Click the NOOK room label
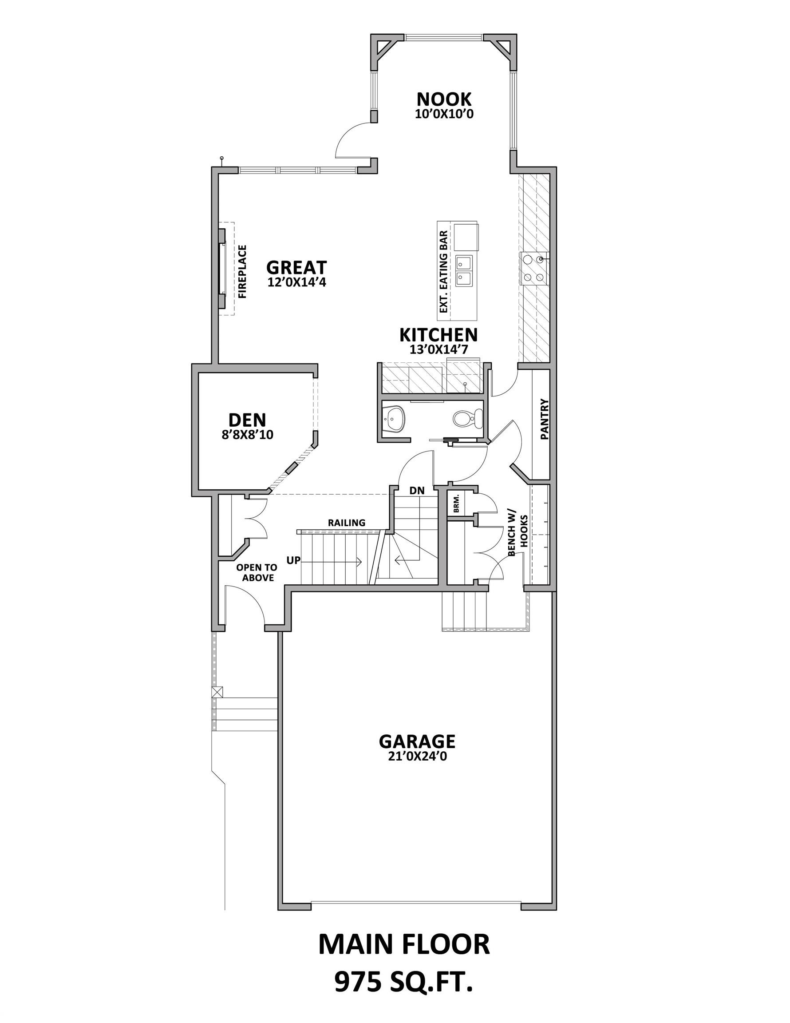(443, 99)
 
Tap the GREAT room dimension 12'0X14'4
(296, 282)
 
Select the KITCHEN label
(438, 335)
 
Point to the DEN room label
(247, 420)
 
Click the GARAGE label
(416, 742)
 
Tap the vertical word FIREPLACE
(242, 272)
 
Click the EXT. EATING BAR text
(444, 272)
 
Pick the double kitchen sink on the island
(465, 270)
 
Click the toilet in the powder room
(468, 418)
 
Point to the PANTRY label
(544, 419)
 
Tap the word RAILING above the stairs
(346, 523)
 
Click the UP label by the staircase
(293, 560)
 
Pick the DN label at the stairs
(416, 491)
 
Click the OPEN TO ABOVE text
(257, 572)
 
